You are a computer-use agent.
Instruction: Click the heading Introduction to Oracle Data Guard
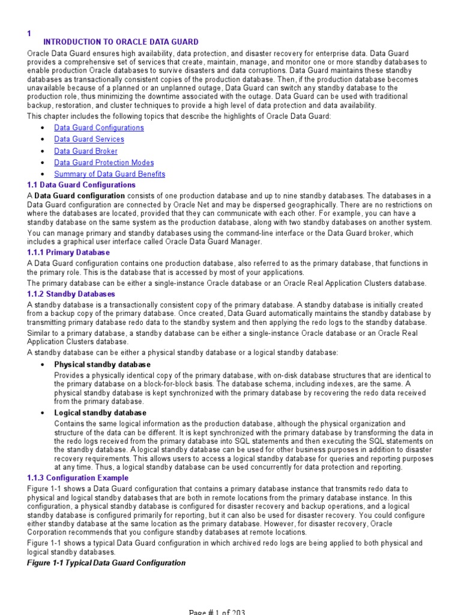pyautogui.click(x=121, y=42)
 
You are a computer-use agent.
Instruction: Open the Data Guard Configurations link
pyautogui.click(x=99, y=128)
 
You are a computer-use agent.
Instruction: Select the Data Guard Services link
pyautogui.click(x=89, y=139)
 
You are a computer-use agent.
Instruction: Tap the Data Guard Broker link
pyautogui.click(x=86, y=151)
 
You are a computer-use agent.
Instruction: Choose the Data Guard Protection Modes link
pyautogui.click(x=104, y=163)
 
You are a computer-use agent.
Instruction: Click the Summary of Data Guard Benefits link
pyautogui.click(x=109, y=174)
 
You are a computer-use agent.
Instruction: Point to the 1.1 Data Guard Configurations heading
pyautogui.click(x=82, y=185)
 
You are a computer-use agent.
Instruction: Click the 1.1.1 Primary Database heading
pyautogui.click(x=68, y=252)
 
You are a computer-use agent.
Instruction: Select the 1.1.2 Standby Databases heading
pyautogui.click(x=71, y=294)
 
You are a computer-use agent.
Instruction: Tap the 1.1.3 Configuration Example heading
pyautogui.click(x=78, y=478)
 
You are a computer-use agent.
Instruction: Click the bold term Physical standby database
pyautogui.click(x=102, y=365)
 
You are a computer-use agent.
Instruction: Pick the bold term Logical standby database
pyautogui.click(x=100, y=413)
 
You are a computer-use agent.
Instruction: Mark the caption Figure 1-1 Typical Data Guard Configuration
pyautogui.click(x=107, y=563)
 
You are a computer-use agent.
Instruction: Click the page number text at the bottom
pyautogui.click(x=217, y=611)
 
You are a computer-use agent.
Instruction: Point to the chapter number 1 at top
pyautogui.click(x=29, y=34)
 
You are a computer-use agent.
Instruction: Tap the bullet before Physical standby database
pyautogui.click(x=42, y=365)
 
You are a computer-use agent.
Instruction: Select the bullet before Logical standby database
pyautogui.click(x=42, y=414)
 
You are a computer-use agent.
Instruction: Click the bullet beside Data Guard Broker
pyautogui.click(x=42, y=151)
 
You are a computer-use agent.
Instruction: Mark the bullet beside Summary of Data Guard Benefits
pyautogui.click(x=42, y=175)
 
